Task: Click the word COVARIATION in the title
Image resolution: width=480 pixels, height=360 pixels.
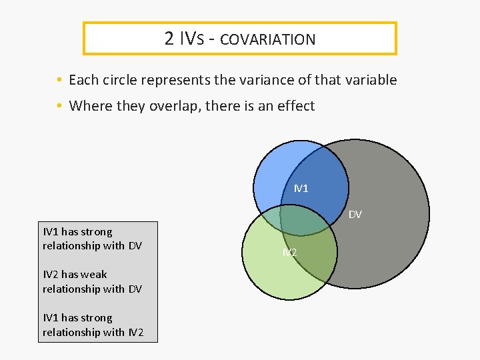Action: click(x=267, y=39)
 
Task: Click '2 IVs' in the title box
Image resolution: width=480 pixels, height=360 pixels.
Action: click(x=189, y=39)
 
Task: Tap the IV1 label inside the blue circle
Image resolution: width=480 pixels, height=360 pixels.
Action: click(x=301, y=189)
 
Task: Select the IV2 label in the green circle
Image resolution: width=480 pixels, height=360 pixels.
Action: click(x=289, y=252)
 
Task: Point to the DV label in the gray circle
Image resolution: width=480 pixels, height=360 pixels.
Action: click(x=355, y=214)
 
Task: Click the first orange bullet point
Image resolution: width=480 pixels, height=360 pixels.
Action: click(x=59, y=81)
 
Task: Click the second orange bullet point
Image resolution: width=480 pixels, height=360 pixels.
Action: click(x=59, y=106)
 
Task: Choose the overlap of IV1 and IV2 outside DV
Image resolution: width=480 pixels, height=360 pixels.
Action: click(x=269, y=218)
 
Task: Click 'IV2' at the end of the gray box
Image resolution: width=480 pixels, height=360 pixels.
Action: click(x=137, y=332)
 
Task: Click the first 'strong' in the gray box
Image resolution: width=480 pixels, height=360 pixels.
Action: click(x=96, y=232)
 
